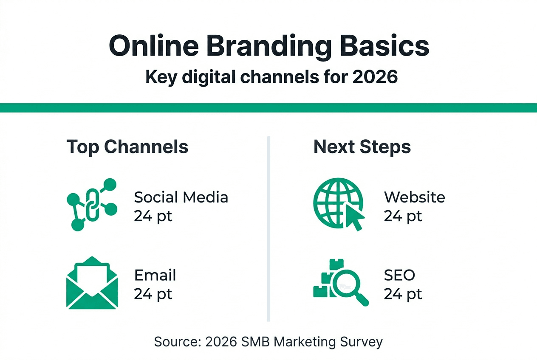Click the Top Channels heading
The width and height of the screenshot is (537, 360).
point(127,147)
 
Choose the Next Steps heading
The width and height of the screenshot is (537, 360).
point(362,147)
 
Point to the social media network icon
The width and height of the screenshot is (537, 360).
point(92,205)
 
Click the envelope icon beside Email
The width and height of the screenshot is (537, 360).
point(92,283)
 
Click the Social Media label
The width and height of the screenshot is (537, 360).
point(181,197)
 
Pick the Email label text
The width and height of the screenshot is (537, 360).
point(155,275)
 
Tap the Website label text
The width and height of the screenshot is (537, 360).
point(414,197)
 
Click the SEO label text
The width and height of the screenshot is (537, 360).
point(399,275)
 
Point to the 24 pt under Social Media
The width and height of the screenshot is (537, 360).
point(153,217)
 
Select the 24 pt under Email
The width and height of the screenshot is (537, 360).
point(153,294)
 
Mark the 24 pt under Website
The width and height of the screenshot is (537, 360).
point(403,217)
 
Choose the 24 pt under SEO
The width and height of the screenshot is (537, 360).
point(403,294)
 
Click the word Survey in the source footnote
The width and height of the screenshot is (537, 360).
point(361,342)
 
